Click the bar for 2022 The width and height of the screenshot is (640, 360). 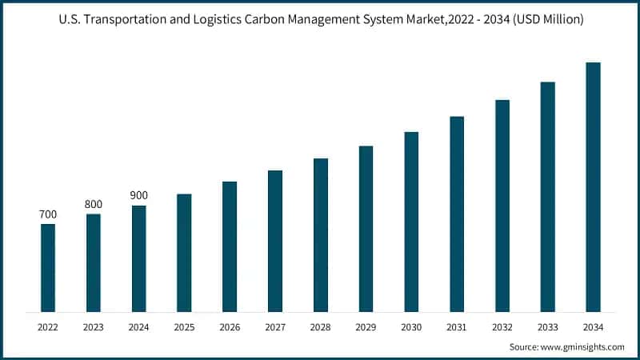[x=48, y=267]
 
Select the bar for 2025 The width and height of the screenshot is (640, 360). [x=184, y=252]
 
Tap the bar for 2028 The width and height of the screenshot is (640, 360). [x=321, y=234]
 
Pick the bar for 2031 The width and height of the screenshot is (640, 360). [x=457, y=214]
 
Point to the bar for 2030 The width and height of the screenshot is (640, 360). [x=411, y=221]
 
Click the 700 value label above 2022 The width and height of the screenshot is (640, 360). [x=48, y=214]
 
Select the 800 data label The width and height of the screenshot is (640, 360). [x=94, y=204]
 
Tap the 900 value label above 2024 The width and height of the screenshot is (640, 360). [x=139, y=196]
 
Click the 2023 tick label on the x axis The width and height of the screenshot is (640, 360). [x=94, y=326]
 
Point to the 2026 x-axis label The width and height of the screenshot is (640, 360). [x=230, y=326]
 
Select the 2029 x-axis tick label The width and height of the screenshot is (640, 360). [x=366, y=326]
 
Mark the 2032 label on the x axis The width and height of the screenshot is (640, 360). [x=502, y=326]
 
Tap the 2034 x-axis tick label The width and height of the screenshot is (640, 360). [x=593, y=326]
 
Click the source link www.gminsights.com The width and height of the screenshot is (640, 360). [x=583, y=346]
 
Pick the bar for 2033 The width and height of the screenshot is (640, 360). [x=547, y=196]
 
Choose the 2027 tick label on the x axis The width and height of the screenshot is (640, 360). [x=275, y=326]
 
